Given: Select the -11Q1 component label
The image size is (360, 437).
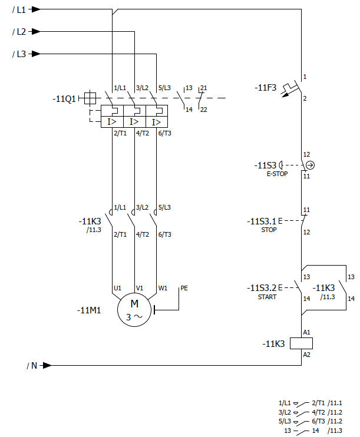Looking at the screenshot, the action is pyautogui.click(x=64, y=99).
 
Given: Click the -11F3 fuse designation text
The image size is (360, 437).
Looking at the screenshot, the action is pyautogui.click(x=265, y=88).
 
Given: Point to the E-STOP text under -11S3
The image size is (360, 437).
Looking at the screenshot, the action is pyautogui.click(x=277, y=174).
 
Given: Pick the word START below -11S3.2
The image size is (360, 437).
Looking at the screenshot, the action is pyautogui.click(x=267, y=297).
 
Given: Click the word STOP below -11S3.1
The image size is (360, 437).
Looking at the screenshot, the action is pyautogui.click(x=269, y=230).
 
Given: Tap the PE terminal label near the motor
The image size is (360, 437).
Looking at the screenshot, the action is pyautogui.click(x=184, y=288).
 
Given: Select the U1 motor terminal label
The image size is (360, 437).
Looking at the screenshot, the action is pyautogui.click(x=117, y=288).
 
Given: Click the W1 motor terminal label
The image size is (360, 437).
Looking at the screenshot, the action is pyautogui.click(x=163, y=288).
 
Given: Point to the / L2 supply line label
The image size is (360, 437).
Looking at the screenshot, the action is pyautogui.click(x=19, y=32).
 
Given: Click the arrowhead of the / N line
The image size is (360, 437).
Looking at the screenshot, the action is pyautogui.click(x=47, y=365).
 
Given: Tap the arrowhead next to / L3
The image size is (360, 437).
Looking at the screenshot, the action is pyautogui.click(x=36, y=54).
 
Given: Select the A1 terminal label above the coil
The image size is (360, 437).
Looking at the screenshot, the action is pyautogui.click(x=307, y=332).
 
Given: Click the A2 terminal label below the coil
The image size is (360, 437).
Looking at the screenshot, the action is pyautogui.click(x=307, y=355).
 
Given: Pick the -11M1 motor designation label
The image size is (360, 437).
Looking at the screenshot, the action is pyautogui.click(x=89, y=310).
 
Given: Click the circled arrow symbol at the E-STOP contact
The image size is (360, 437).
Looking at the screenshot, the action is pyautogui.click(x=310, y=165).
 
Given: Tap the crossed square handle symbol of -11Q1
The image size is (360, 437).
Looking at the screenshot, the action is pyautogui.click(x=90, y=98).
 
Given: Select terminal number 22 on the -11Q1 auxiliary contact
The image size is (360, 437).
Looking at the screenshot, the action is pyautogui.click(x=203, y=110).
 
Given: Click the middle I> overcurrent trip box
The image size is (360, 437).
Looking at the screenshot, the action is pyautogui.click(x=134, y=122).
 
